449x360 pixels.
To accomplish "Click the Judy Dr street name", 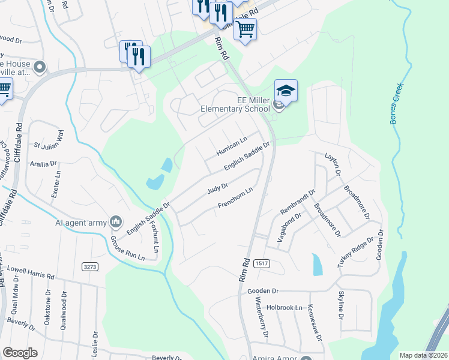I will tap(217, 188).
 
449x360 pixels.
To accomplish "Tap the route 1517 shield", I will tap(261, 263).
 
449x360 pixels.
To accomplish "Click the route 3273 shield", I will tap(90, 266).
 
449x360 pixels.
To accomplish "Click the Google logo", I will tap(20, 352).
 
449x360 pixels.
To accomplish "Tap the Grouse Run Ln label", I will tap(127, 248).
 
